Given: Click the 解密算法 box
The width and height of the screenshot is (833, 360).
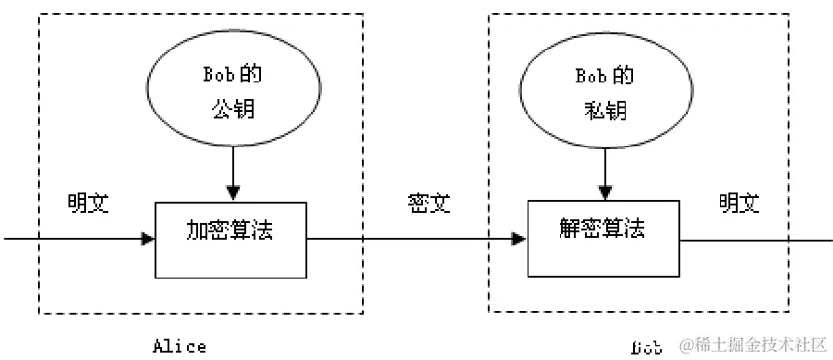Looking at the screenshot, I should (x=603, y=237).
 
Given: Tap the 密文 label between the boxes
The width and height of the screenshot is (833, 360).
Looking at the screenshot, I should (x=428, y=203).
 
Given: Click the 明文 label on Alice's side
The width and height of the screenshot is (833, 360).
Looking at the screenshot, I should (x=88, y=203).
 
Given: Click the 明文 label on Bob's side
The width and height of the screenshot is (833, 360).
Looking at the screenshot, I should (x=740, y=203).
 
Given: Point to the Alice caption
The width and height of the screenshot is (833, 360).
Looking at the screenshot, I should (x=180, y=347).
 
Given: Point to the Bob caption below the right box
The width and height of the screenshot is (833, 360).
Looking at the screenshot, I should (x=647, y=348).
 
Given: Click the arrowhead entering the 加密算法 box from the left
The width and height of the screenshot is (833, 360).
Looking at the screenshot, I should (x=148, y=239).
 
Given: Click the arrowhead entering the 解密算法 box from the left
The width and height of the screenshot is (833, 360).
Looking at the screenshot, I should (x=520, y=239).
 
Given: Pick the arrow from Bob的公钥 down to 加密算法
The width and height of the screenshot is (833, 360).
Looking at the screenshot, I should (x=232, y=171).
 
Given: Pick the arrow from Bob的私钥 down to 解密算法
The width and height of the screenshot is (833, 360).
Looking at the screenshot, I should (x=605, y=171).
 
